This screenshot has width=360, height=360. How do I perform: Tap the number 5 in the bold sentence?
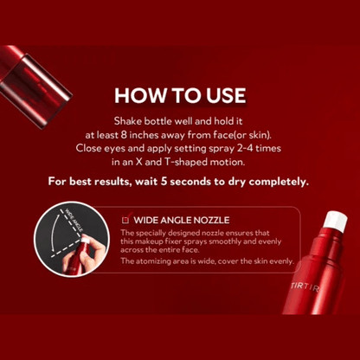(164, 182)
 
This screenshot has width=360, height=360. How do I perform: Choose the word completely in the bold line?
(279, 183)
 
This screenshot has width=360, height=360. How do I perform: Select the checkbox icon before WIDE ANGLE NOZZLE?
(125, 220)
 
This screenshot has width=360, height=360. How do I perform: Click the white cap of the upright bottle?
(335, 221)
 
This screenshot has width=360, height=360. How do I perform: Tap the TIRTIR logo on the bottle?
(305, 287)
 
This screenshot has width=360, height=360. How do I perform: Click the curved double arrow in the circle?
(54, 231)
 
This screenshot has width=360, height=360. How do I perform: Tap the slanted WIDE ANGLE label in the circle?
(74, 220)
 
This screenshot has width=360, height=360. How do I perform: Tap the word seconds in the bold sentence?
(190, 182)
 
